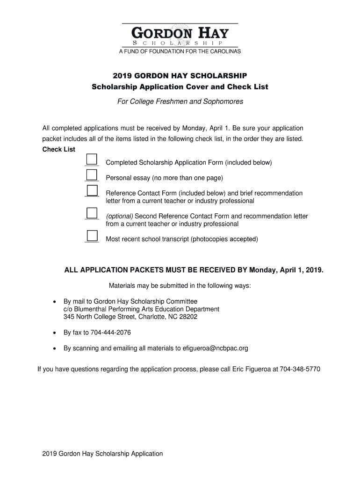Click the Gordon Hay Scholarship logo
click(x=180, y=35)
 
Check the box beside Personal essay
click(x=92, y=174)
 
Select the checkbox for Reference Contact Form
click(x=92, y=190)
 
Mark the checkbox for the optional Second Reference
click(x=92, y=213)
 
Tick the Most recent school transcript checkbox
click(x=92, y=236)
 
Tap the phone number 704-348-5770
click(x=300, y=369)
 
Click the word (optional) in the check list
click(x=119, y=216)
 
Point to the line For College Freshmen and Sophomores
click(x=180, y=101)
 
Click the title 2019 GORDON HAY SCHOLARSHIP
click(x=180, y=76)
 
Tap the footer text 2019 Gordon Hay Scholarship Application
click(x=102, y=453)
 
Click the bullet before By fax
click(x=55, y=333)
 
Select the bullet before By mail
click(x=55, y=302)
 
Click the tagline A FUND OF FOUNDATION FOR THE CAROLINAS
click(x=180, y=51)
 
